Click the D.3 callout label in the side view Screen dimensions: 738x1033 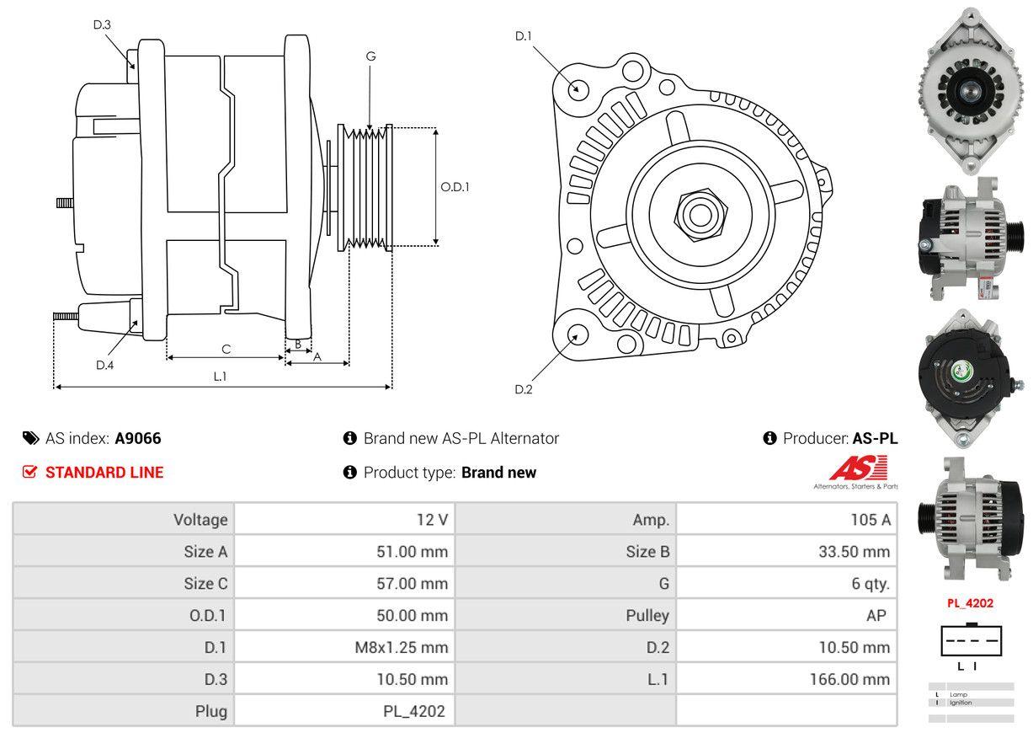click(102, 24)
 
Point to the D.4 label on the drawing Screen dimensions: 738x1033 click(104, 365)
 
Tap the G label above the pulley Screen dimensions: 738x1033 click(370, 56)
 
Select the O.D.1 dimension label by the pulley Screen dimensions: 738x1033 click(455, 187)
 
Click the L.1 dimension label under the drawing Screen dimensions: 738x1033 click(220, 377)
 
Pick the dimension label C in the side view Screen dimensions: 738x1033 click(226, 349)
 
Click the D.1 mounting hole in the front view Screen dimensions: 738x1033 click(578, 88)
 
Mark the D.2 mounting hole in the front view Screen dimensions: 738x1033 click(578, 334)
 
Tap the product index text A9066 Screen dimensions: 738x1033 click(138, 438)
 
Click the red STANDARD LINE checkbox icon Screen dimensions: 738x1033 click(30, 472)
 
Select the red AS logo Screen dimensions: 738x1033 click(857, 468)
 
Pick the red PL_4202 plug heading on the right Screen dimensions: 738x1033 click(970, 603)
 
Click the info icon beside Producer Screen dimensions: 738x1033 click(769, 438)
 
